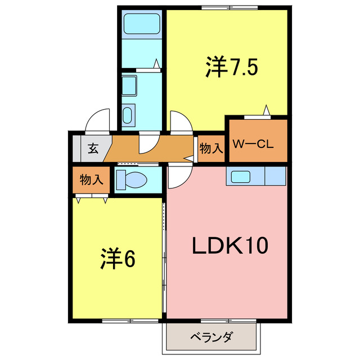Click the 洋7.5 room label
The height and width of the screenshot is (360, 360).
(x=231, y=67)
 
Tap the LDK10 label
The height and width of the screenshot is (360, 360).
(x=230, y=245)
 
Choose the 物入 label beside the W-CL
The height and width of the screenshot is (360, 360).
(x=211, y=149)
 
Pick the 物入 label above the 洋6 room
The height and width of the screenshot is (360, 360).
(x=91, y=180)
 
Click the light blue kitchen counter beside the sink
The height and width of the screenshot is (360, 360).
(x=275, y=176)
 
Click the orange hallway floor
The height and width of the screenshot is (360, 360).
(x=169, y=149)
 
